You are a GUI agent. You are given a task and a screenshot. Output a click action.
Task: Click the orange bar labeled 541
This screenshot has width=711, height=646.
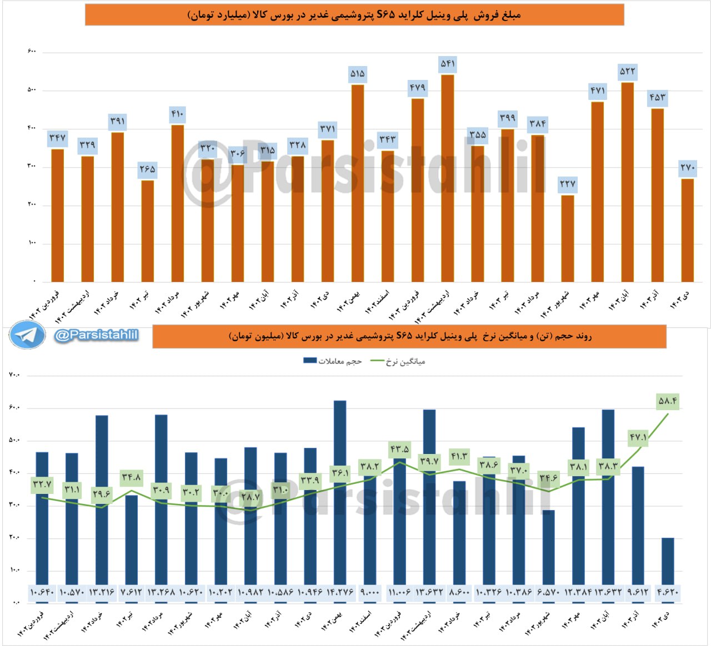[447, 178]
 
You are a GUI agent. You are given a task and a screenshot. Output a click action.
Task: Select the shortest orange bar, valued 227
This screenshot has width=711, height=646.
[567, 239]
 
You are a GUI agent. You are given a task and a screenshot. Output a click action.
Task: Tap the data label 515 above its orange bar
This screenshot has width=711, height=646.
[357, 73]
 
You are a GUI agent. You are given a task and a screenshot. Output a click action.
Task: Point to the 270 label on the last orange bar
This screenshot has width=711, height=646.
[687, 167]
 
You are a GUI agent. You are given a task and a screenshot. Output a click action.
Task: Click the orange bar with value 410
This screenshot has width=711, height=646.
[177, 203]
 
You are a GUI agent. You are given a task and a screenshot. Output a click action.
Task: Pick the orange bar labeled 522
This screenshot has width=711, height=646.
[627, 182]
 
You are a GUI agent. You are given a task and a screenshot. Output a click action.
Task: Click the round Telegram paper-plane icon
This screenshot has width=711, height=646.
[27, 335]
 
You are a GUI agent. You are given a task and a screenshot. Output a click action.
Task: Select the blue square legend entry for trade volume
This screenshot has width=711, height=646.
[309, 361]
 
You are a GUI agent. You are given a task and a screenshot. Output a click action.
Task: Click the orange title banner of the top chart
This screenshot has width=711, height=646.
[354, 15]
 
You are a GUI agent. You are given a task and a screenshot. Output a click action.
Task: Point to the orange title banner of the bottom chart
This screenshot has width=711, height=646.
[409, 336]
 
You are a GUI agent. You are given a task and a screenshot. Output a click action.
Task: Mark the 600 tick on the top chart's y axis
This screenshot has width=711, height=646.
[32, 52]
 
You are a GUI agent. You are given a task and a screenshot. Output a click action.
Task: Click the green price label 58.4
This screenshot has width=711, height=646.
[667, 401]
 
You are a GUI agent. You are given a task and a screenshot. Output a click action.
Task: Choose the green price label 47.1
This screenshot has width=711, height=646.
[638, 438]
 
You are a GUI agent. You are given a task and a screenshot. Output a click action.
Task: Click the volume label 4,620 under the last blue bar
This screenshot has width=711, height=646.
[667, 592]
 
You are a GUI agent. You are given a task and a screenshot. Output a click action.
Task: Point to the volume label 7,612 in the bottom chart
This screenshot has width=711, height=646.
[131, 592]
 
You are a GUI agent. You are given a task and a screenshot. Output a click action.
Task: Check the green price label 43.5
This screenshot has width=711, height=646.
[399, 449]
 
